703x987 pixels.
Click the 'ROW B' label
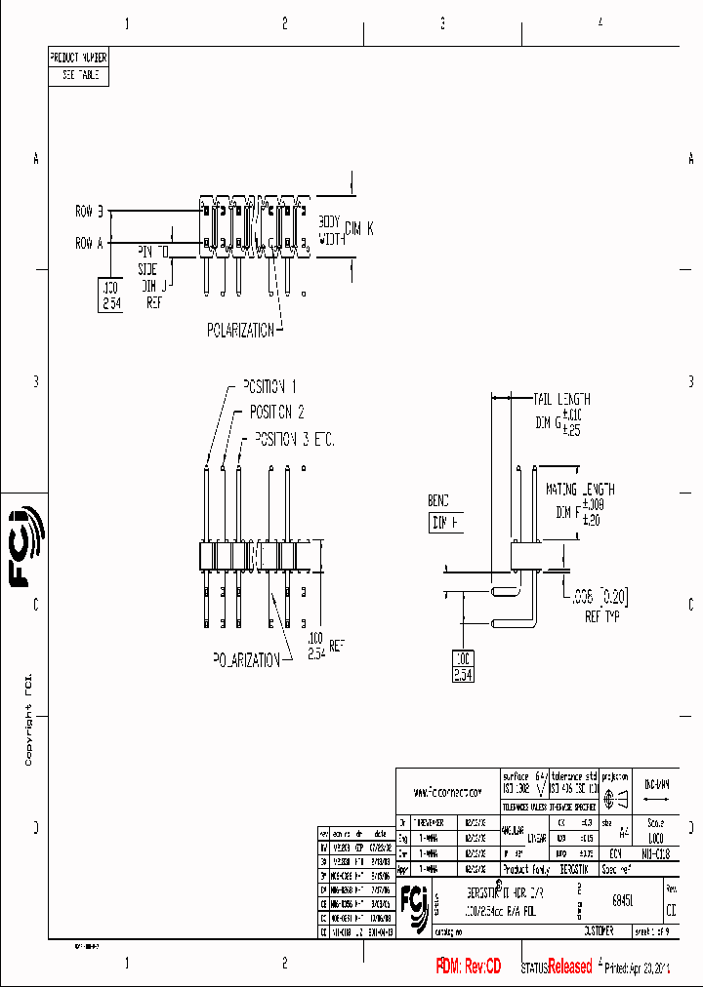pyautogui.click(x=95, y=211)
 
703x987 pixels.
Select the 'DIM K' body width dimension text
pyautogui.click(x=358, y=228)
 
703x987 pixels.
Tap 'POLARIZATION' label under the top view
pyautogui.click(x=240, y=330)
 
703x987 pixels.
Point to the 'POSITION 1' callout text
pyautogui.click(x=263, y=386)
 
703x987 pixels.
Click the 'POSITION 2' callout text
pyautogui.click(x=276, y=412)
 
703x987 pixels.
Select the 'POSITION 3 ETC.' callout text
pyautogui.click(x=294, y=440)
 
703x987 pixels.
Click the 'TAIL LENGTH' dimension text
pyautogui.click(x=561, y=399)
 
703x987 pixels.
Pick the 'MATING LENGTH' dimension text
pyautogui.click(x=580, y=490)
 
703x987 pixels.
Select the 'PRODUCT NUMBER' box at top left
pyautogui.click(x=78, y=58)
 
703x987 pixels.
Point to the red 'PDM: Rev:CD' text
pyautogui.click(x=468, y=967)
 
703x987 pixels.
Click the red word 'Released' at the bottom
pyautogui.click(x=570, y=967)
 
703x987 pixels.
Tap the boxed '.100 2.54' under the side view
pyautogui.click(x=463, y=666)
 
